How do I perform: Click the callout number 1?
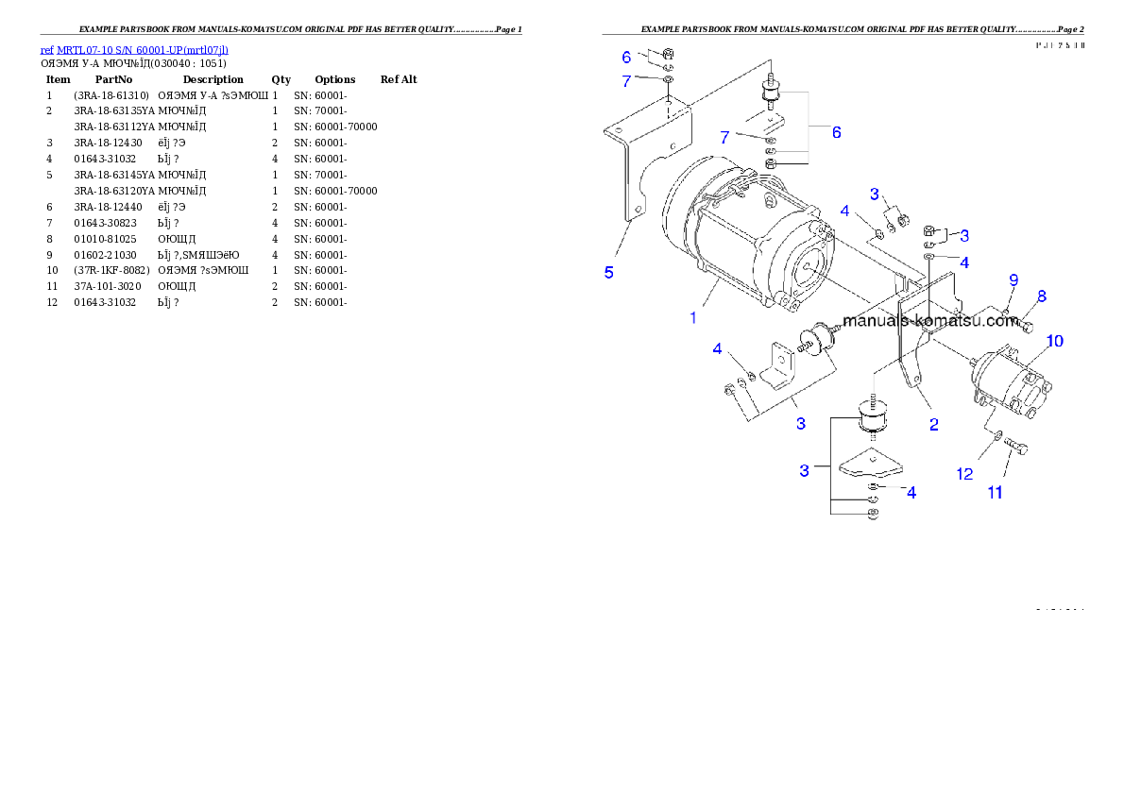[x=693, y=318]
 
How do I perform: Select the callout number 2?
[x=933, y=425]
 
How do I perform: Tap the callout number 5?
[x=609, y=273]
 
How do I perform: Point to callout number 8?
[x=1042, y=296]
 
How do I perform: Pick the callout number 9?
[x=1013, y=280]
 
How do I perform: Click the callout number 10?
[x=1055, y=341]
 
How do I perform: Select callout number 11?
[x=996, y=492]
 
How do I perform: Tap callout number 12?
[x=964, y=474]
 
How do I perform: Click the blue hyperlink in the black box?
[x=134, y=50]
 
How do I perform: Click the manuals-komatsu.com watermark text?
[x=929, y=321]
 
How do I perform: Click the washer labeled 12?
[x=997, y=435]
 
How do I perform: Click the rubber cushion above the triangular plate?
[x=875, y=416]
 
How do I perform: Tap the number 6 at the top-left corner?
[x=626, y=58]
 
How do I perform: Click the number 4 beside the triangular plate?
[x=911, y=492]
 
